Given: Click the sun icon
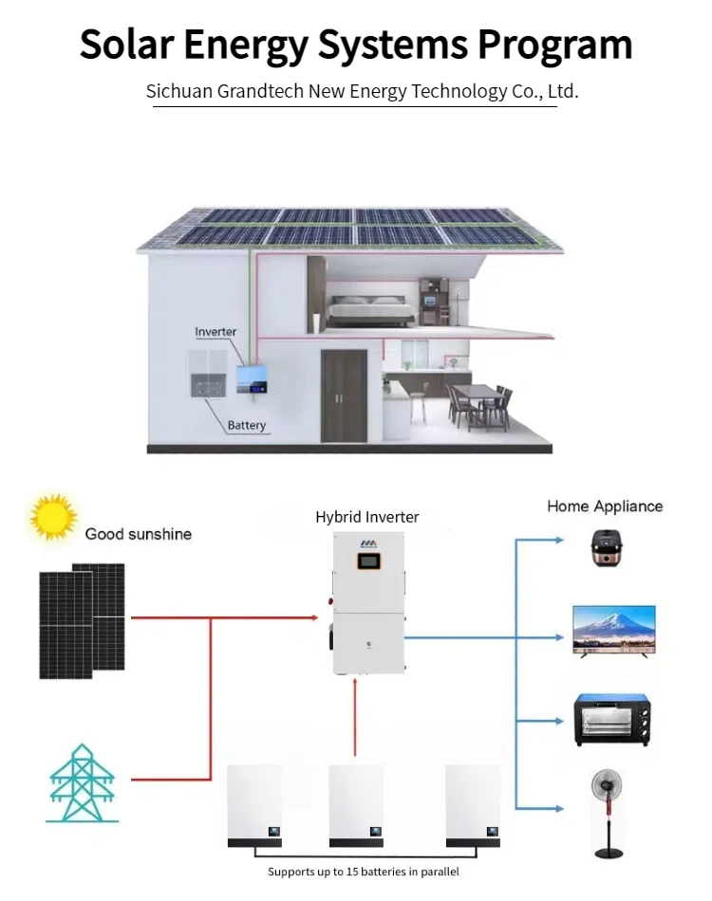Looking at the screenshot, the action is pos(53,518).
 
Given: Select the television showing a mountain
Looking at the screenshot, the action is pos(613,629).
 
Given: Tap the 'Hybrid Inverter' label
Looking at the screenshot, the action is pos(366,517).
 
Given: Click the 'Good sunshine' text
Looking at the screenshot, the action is pos(138,534).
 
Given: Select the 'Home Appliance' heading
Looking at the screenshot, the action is pos(605,506).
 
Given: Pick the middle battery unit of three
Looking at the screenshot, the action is pos(356,805).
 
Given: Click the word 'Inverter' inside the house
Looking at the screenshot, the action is pos(215,332).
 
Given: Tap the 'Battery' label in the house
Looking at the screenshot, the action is pos(247,426).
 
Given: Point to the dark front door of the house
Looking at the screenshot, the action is pos(343,395).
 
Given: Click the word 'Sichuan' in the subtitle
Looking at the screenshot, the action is pos(179,92).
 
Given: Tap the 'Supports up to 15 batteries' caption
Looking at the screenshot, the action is pos(363,872).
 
